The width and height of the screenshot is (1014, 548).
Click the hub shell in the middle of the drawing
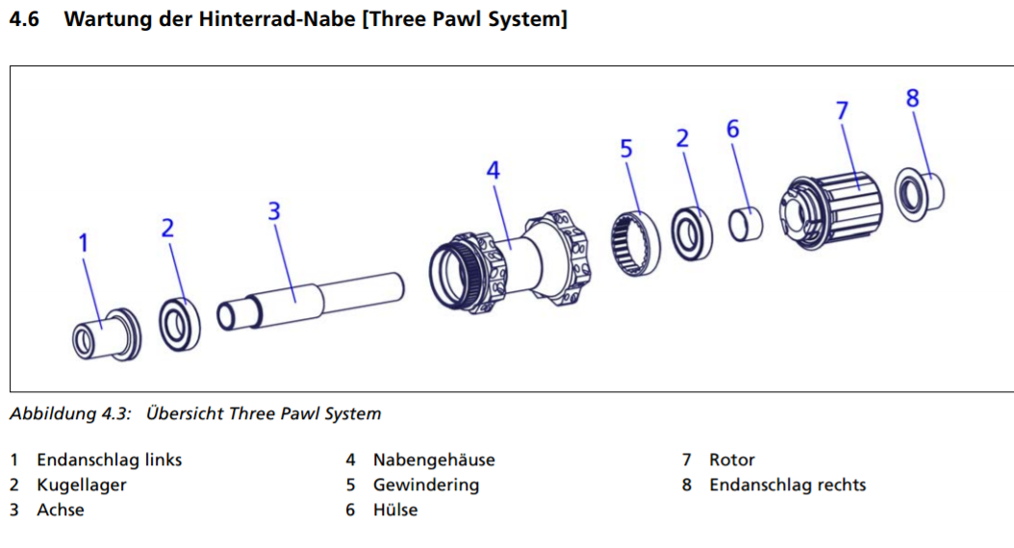point(510,255)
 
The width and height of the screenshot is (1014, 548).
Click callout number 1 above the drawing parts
point(83,244)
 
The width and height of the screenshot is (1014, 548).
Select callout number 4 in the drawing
point(493,170)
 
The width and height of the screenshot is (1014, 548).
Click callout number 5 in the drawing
point(626,149)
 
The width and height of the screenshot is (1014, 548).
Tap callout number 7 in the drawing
point(842,112)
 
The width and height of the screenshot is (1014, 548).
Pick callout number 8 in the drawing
point(912,98)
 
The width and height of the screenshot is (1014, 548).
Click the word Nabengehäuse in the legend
point(434,460)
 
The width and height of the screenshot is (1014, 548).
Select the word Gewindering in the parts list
point(426,485)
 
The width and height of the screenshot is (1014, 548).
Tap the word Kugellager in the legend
point(82,485)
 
